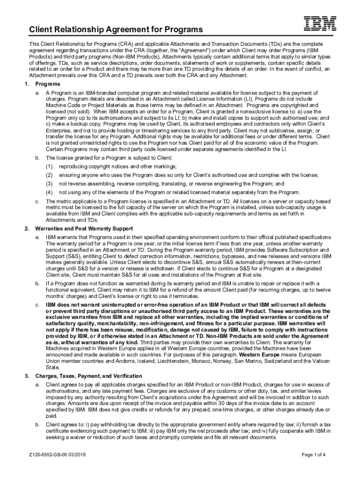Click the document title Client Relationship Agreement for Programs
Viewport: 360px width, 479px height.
[116, 30]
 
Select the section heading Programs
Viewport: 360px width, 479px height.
[47, 84]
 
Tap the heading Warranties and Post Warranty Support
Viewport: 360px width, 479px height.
[84, 228]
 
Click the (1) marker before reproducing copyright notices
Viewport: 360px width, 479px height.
[49, 167]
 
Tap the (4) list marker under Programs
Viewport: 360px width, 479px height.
[49, 192]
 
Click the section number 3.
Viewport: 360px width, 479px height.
[27, 376]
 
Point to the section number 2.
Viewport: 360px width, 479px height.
[27, 228]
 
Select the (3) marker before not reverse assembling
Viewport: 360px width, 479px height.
[49, 184]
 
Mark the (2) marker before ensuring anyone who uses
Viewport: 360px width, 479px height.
[49, 175]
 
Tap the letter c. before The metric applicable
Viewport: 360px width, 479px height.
[37, 201]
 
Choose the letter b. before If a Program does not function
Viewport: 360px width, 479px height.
[37, 283]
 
